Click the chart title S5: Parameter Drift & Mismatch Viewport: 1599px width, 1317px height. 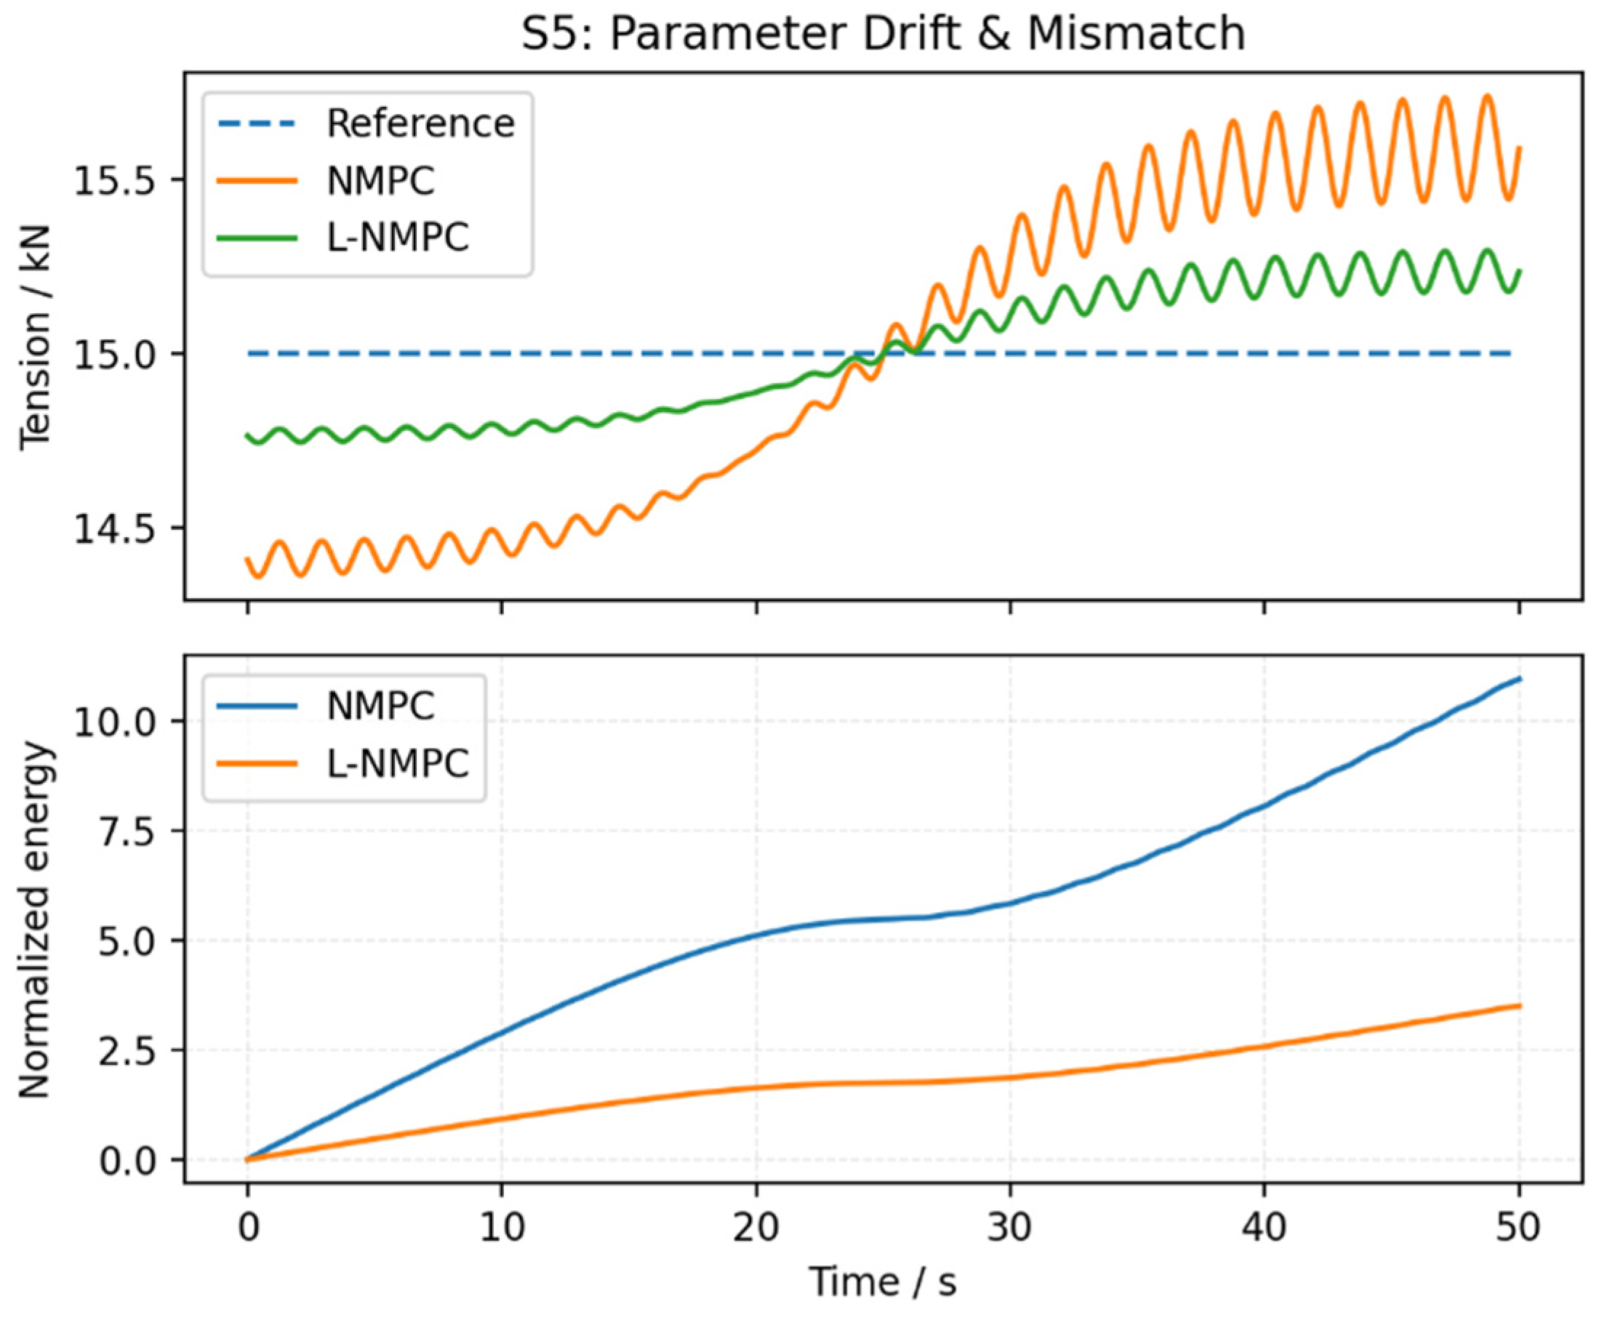(x=883, y=33)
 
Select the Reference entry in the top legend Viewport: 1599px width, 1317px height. (x=420, y=123)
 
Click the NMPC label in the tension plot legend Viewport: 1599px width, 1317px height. (x=380, y=180)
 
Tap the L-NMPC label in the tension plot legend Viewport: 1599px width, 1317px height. (x=398, y=238)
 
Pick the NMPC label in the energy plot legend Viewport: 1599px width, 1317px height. (x=380, y=706)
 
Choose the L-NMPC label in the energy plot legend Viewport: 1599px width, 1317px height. (x=398, y=763)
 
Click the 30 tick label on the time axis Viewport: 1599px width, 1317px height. (x=1009, y=1228)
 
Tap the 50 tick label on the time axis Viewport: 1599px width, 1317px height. (x=1518, y=1228)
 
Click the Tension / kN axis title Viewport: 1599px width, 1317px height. (x=34, y=337)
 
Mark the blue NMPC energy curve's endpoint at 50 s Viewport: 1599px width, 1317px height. (x=1518, y=677)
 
